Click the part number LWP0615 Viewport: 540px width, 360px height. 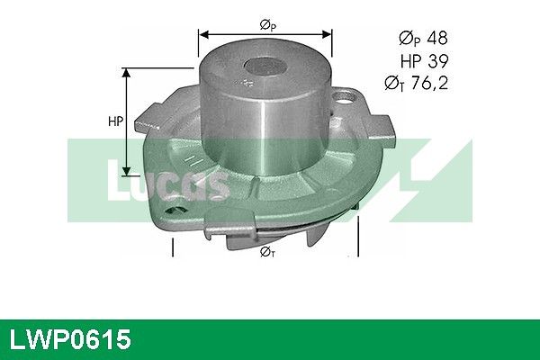70,339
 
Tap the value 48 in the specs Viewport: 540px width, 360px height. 436,38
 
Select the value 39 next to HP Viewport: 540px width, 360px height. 438,61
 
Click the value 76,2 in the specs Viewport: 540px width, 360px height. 430,83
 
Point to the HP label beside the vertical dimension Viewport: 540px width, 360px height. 116,121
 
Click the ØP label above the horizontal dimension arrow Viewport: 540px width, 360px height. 268,25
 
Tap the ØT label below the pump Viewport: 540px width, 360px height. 267,252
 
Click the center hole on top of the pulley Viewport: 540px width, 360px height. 265,66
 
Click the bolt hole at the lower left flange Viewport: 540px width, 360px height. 176,210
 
